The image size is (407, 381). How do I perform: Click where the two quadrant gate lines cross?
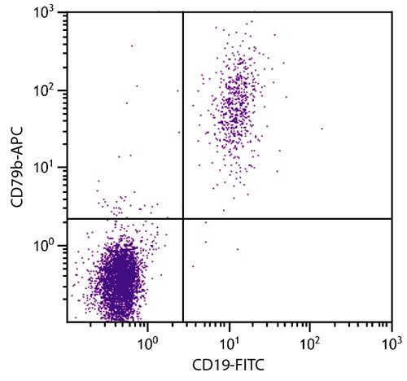(182, 219)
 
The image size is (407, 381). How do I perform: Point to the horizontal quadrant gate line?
(285, 219)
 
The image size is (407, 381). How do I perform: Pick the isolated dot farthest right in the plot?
(322, 129)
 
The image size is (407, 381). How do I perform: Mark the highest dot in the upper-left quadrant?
(132, 46)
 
